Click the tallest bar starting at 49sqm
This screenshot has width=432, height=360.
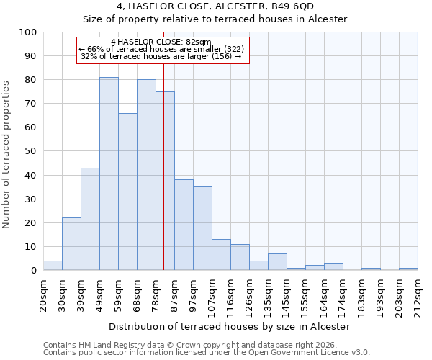109,174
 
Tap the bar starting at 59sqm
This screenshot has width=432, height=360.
127,192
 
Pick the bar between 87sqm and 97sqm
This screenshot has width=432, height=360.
184,225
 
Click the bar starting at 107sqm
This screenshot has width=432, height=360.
221,255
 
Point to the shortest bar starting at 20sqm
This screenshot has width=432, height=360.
53,266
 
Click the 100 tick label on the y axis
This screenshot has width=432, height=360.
27,32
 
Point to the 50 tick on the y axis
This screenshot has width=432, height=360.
30,151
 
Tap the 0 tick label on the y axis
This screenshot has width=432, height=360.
33,271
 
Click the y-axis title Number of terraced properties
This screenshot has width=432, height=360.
6,155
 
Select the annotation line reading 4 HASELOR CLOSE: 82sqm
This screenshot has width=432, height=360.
161,42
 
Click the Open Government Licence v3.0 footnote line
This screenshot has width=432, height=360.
207,353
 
